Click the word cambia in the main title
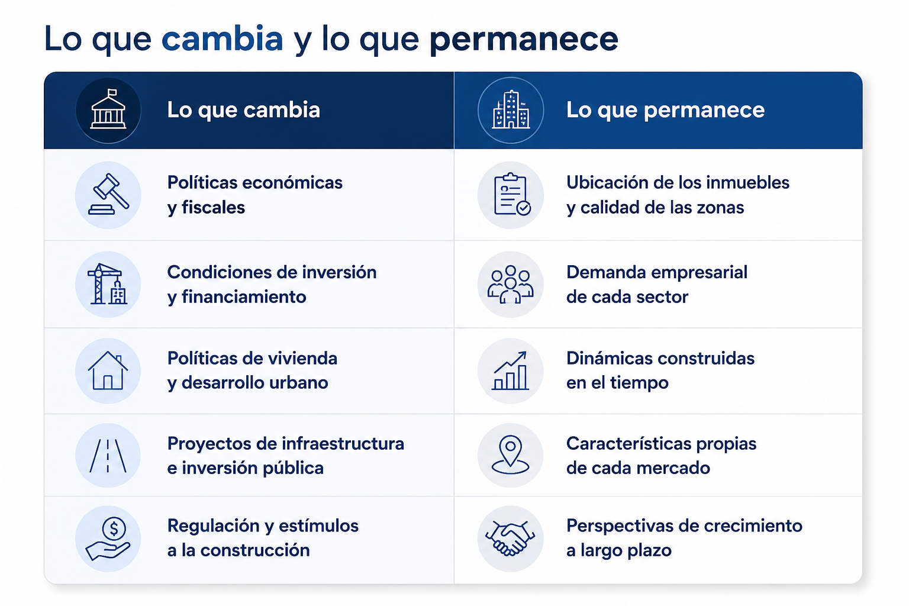coord(222,38)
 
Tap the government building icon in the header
coord(108,109)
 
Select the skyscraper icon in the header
coord(511,109)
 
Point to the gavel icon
coord(108,194)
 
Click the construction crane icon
coord(108,283)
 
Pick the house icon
coord(108,370)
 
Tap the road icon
coord(108,456)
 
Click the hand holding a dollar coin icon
coord(108,538)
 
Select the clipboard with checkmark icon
coord(512,194)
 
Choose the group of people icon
coord(511,284)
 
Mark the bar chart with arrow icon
coord(510,370)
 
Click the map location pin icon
coord(510,455)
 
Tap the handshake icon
coord(510,538)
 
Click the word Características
coord(628,443)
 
